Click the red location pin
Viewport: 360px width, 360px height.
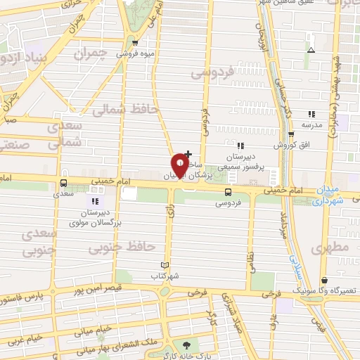[180, 163]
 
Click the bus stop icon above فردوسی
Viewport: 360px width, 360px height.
[228, 192]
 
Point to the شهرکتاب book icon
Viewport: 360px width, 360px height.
[166, 264]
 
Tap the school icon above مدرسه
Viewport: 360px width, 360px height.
[311, 114]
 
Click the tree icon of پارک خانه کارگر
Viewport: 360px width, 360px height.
[186, 345]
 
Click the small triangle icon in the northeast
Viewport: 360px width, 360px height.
[311, 49]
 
